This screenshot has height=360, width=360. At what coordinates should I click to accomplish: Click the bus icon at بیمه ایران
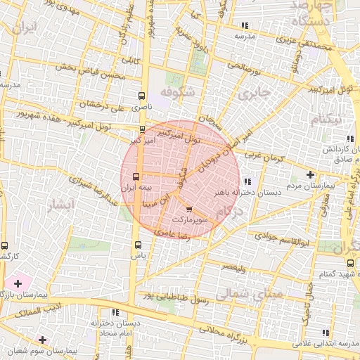137,177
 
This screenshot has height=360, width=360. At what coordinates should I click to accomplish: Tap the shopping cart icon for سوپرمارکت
188,209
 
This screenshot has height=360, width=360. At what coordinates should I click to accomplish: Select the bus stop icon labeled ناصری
142,96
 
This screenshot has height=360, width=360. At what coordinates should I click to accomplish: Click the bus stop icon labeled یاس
137,246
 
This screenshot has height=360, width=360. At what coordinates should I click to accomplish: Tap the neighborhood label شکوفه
175,93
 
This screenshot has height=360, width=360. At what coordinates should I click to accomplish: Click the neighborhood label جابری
254,94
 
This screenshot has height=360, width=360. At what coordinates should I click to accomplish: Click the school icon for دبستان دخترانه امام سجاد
115,311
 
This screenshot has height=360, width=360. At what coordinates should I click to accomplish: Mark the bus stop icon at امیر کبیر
143,129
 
